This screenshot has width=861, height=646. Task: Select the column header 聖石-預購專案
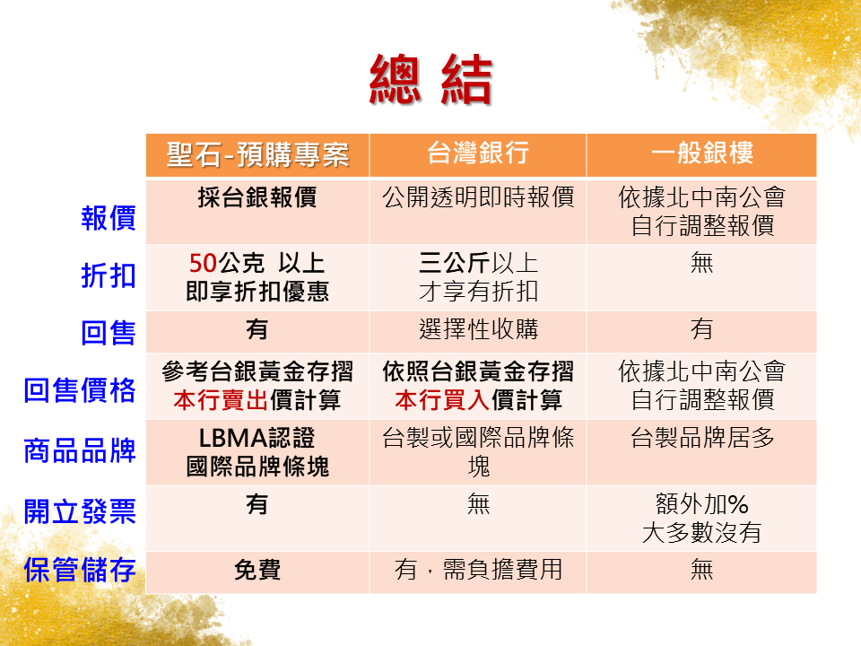tap(257, 154)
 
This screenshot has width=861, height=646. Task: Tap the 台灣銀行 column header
tap(478, 154)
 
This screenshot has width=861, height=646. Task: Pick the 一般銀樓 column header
tap(701, 154)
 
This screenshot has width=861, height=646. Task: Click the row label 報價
tap(108, 218)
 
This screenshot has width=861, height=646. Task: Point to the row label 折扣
tap(108, 275)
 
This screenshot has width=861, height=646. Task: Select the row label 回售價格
tap(80, 390)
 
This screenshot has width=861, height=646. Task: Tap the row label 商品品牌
tap(80, 450)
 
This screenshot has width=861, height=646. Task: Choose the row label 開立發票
tap(80, 511)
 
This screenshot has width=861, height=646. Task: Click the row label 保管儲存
tap(80, 570)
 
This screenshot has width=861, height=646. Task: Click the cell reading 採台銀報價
tap(257, 198)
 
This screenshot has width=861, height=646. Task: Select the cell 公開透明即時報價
tap(478, 198)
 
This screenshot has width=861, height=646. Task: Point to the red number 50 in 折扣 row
tap(204, 264)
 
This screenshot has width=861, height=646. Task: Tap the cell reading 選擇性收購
tap(478, 329)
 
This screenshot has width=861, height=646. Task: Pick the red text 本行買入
tap(437, 400)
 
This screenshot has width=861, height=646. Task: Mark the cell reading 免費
tap(257, 570)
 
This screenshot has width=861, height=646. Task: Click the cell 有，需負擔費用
tap(478, 570)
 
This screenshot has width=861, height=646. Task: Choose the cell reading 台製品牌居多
tap(701, 440)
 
